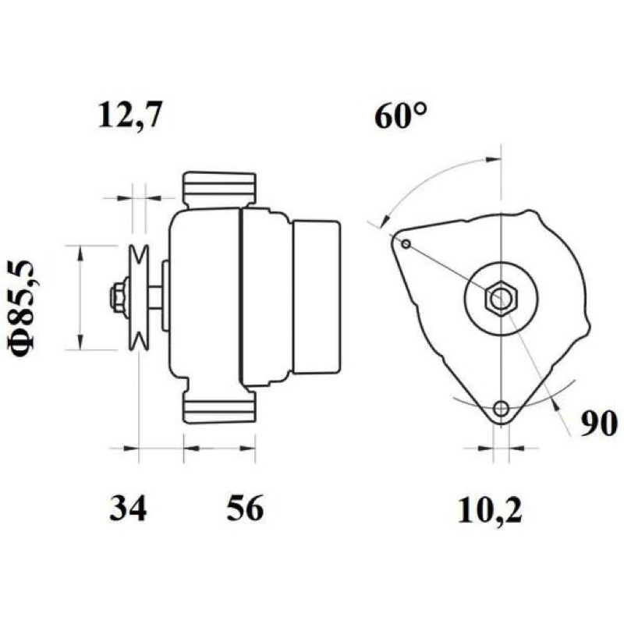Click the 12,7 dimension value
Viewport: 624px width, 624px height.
point(130,115)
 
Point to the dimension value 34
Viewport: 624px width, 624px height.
point(128,508)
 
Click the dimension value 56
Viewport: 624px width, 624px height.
point(245,508)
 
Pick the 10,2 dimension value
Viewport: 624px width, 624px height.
point(490,511)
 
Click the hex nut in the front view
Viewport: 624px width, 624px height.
point(501,298)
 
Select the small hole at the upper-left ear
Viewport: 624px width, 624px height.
point(406,244)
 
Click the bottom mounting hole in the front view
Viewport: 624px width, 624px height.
point(501,408)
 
